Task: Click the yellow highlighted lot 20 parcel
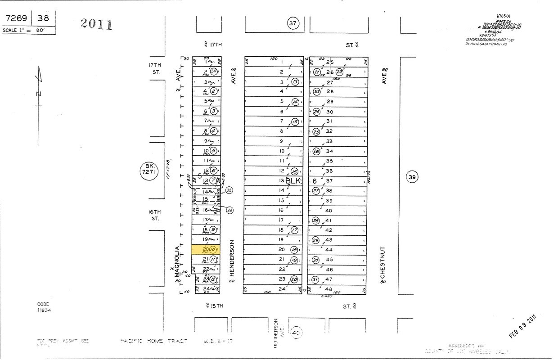(x=206, y=250)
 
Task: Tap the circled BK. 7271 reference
(x=149, y=171)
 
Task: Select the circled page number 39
(x=412, y=177)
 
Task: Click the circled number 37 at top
(x=293, y=23)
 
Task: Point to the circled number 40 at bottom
(x=296, y=333)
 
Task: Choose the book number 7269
(x=16, y=18)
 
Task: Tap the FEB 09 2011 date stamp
(x=523, y=327)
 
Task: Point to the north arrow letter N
(x=39, y=94)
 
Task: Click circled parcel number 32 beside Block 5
(x=229, y=190)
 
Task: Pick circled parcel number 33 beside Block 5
(x=229, y=210)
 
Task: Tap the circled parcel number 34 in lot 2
(x=214, y=72)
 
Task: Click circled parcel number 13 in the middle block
(x=295, y=81)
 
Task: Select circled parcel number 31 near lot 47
(x=315, y=279)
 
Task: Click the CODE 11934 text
(x=44, y=307)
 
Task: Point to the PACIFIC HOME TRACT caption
(x=153, y=341)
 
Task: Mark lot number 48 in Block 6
(x=329, y=289)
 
